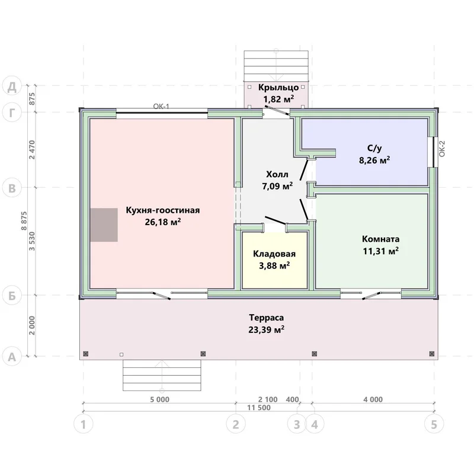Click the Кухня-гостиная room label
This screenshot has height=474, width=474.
point(162,210)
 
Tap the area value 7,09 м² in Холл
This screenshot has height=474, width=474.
point(277,186)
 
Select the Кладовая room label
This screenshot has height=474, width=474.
point(274,254)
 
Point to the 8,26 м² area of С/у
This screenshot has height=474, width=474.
point(374,160)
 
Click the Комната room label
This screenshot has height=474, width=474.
point(380,239)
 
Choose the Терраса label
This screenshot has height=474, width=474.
point(266,318)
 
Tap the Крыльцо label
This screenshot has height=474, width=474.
point(278,87)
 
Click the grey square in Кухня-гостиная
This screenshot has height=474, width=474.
point(104,225)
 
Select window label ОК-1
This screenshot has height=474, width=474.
point(161,106)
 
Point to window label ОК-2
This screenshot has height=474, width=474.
point(441,149)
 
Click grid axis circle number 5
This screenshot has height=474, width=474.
point(434,424)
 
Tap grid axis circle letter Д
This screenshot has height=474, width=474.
point(12,87)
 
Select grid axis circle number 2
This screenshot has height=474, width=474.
point(236,424)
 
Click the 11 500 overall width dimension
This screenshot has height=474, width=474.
point(259,408)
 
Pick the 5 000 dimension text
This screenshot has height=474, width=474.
point(159,399)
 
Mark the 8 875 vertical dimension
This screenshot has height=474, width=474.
point(24,221)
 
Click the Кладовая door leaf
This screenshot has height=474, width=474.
point(275,220)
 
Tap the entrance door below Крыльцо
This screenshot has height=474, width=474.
point(276,110)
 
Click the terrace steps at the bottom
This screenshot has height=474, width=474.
point(162,375)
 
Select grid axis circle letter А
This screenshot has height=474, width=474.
point(12,357)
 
